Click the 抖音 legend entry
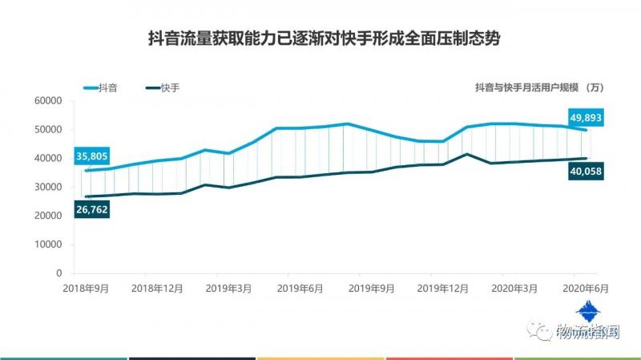tap(107, 87)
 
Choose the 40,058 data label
tap(586, 172)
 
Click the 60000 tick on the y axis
tap(48, 101)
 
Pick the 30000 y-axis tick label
tap(48, 187)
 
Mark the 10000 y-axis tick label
tap(48, 245)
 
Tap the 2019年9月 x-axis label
tap(372, 287)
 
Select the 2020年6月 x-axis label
tap(583, 287)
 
